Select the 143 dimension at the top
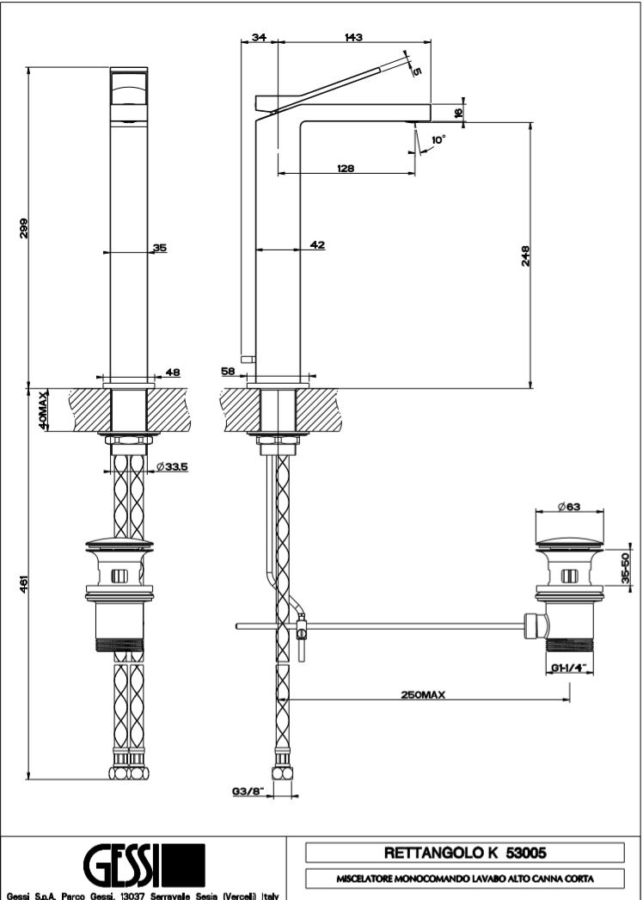[353, 37]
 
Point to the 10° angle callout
[438, 139]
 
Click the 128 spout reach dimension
[346, 169]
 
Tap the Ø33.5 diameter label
[173, 467]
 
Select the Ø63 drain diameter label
[568, 507]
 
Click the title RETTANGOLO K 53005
[464, 853]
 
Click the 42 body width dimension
[317, 246]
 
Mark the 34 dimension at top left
[258, 37]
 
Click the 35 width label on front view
[160, 247]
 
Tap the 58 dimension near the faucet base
[228, 371]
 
